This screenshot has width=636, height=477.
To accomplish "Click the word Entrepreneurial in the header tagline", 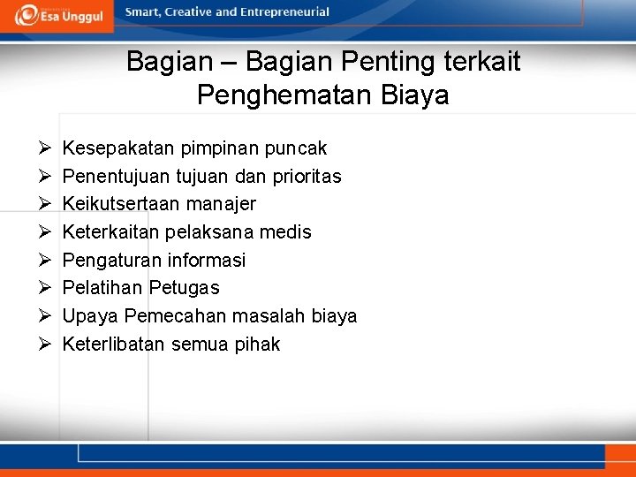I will (286, 12).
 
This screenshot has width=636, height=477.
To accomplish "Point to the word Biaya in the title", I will (416, 95).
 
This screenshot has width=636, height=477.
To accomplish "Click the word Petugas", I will (184, 288).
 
